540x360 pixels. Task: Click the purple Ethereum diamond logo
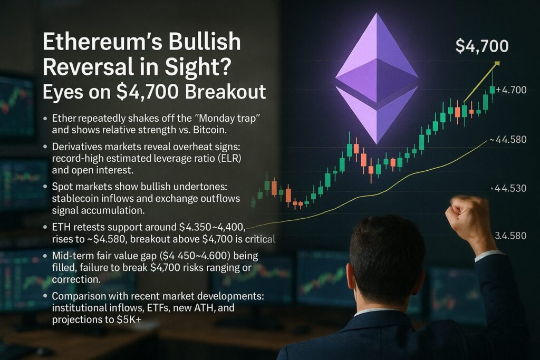coord(377,79)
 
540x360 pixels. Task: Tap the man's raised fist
coord(468,214)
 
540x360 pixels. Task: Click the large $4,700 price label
coord(482,46)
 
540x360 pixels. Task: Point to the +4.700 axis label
coord(511,90)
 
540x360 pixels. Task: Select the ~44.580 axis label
coord(508,139)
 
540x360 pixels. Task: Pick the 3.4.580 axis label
coord(510,236)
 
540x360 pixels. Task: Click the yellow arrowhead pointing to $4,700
coord(497,63)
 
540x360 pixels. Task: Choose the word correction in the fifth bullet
coord(76,279)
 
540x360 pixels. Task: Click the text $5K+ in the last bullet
coord(129,320)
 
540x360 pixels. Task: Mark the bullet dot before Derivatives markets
coord(45,147)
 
